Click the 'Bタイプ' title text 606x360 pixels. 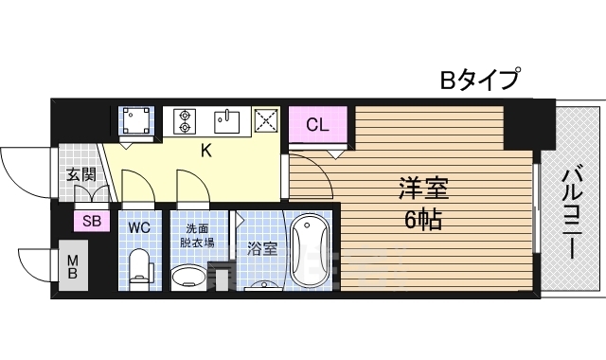click(479, 80)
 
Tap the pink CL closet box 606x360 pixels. click(318, 124)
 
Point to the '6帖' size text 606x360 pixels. click(422, 220)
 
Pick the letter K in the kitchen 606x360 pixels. click(204, 149)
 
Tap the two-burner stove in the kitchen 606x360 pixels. click(185, 120)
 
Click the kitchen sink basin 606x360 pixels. click(228, 120)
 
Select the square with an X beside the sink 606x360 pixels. click(266, 120)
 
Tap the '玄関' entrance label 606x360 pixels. click(80, 174)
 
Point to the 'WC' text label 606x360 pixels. click(139, 227)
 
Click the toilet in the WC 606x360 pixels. click(139, 267)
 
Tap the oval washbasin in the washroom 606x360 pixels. click(190, 278)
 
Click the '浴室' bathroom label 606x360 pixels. click(261, 249)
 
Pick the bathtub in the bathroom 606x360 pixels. click(309, 250)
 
